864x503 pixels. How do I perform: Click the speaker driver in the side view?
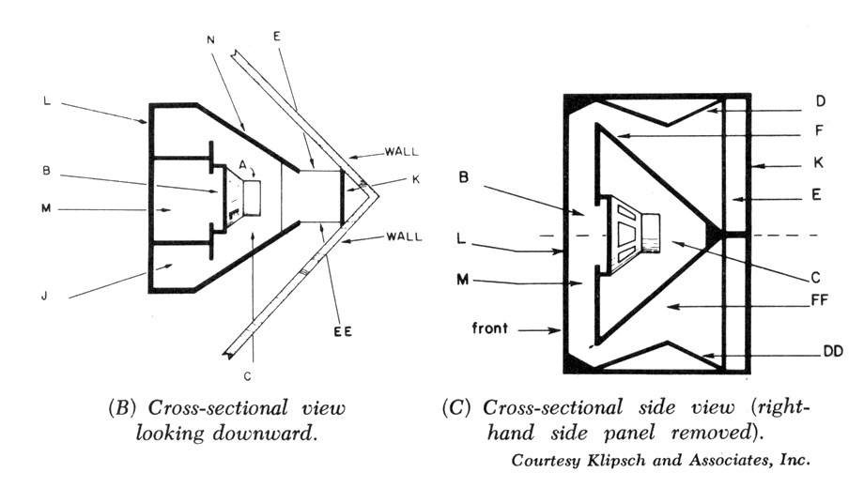pyautogui.click(x=631, y=233)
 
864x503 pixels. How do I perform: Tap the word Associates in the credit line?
pyautogui.click(x=731, y=461)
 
